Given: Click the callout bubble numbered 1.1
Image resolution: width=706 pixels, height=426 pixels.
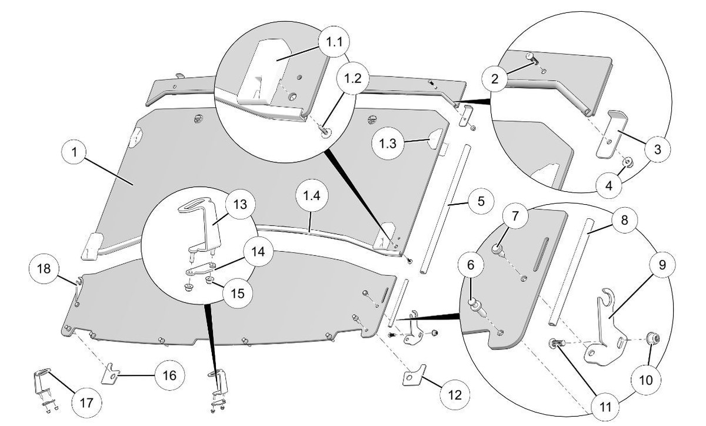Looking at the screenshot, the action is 334,42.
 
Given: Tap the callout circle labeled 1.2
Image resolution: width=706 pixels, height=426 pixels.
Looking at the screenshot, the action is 353,78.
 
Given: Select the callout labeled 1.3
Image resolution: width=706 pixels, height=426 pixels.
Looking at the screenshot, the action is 388,144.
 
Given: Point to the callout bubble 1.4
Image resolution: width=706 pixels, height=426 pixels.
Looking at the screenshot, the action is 312,196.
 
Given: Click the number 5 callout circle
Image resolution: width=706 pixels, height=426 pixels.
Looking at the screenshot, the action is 481,201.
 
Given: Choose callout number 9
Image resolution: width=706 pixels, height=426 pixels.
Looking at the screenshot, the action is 662,265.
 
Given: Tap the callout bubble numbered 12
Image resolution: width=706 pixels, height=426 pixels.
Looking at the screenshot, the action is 454,395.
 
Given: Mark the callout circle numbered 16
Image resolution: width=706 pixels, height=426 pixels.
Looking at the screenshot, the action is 169,375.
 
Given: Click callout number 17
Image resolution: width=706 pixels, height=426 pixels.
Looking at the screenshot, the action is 86,402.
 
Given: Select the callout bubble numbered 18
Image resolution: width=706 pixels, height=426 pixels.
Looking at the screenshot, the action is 44,269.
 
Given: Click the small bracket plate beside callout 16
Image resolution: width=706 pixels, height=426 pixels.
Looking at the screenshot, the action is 110,374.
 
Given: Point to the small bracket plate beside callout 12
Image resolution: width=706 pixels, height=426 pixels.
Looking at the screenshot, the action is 414,375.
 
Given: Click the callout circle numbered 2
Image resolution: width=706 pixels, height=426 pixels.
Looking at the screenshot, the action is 495,78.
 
